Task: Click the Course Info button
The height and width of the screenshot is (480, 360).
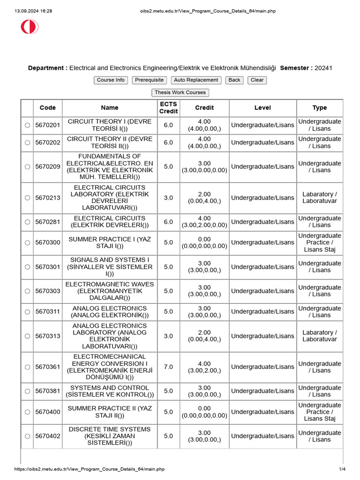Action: tap(111, 80)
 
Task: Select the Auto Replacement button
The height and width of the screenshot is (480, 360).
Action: tap(196, 80)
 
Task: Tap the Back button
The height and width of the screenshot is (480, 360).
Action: tap(234, 80)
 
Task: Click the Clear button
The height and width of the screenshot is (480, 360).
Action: tap(257, 80)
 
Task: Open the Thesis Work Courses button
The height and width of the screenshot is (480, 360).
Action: tap(180, 93)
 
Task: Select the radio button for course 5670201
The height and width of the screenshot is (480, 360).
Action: tap(27, 125)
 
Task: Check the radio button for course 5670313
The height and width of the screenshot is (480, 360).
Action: tap(27, 336)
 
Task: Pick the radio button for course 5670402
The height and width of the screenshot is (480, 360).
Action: tap(27, 436)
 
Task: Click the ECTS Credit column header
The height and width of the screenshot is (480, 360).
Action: tap(168, 108)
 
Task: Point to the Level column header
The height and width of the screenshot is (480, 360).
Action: tap(262, 108)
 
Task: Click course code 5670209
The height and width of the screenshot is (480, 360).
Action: tap(48, 166)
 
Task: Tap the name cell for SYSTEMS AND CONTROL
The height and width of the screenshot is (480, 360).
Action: tap(109, 391)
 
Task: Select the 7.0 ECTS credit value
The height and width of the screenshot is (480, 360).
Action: tap(168, 367)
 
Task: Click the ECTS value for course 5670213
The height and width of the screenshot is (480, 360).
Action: tap(168, 198)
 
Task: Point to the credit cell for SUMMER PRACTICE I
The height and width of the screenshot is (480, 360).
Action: tap(204, 242)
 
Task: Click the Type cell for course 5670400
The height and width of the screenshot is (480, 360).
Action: tap(320, 412)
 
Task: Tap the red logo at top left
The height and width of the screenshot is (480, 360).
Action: tap(29, 27)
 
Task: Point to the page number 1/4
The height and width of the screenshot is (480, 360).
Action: tap(342, 469)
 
